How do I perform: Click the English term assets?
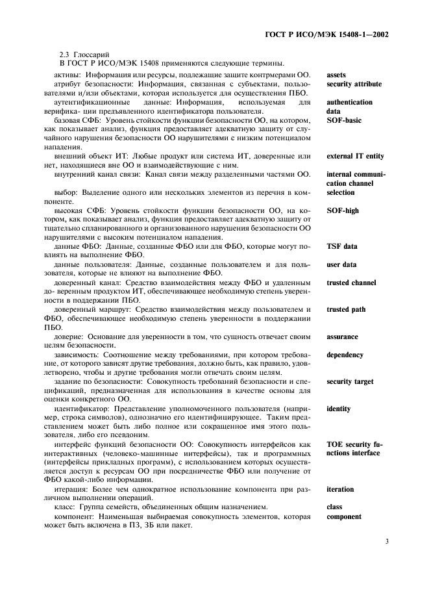click(337, 75)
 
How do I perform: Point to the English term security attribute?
click(354, 84)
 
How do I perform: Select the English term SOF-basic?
click(344, 120)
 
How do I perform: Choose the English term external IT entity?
click(355, 156)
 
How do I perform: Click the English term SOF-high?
click(343, 210)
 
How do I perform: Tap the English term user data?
click(341, 264)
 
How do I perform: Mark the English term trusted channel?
click(351, 283)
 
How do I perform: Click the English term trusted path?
click(346, 310)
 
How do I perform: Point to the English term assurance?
click(342, 336)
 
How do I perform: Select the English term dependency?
click(345, 355)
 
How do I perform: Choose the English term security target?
click(350, 382)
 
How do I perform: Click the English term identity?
click(339, 409)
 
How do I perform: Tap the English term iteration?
click(341, 489)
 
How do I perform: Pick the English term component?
click(344, 516)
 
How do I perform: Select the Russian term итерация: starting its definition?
click(72, 489)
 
